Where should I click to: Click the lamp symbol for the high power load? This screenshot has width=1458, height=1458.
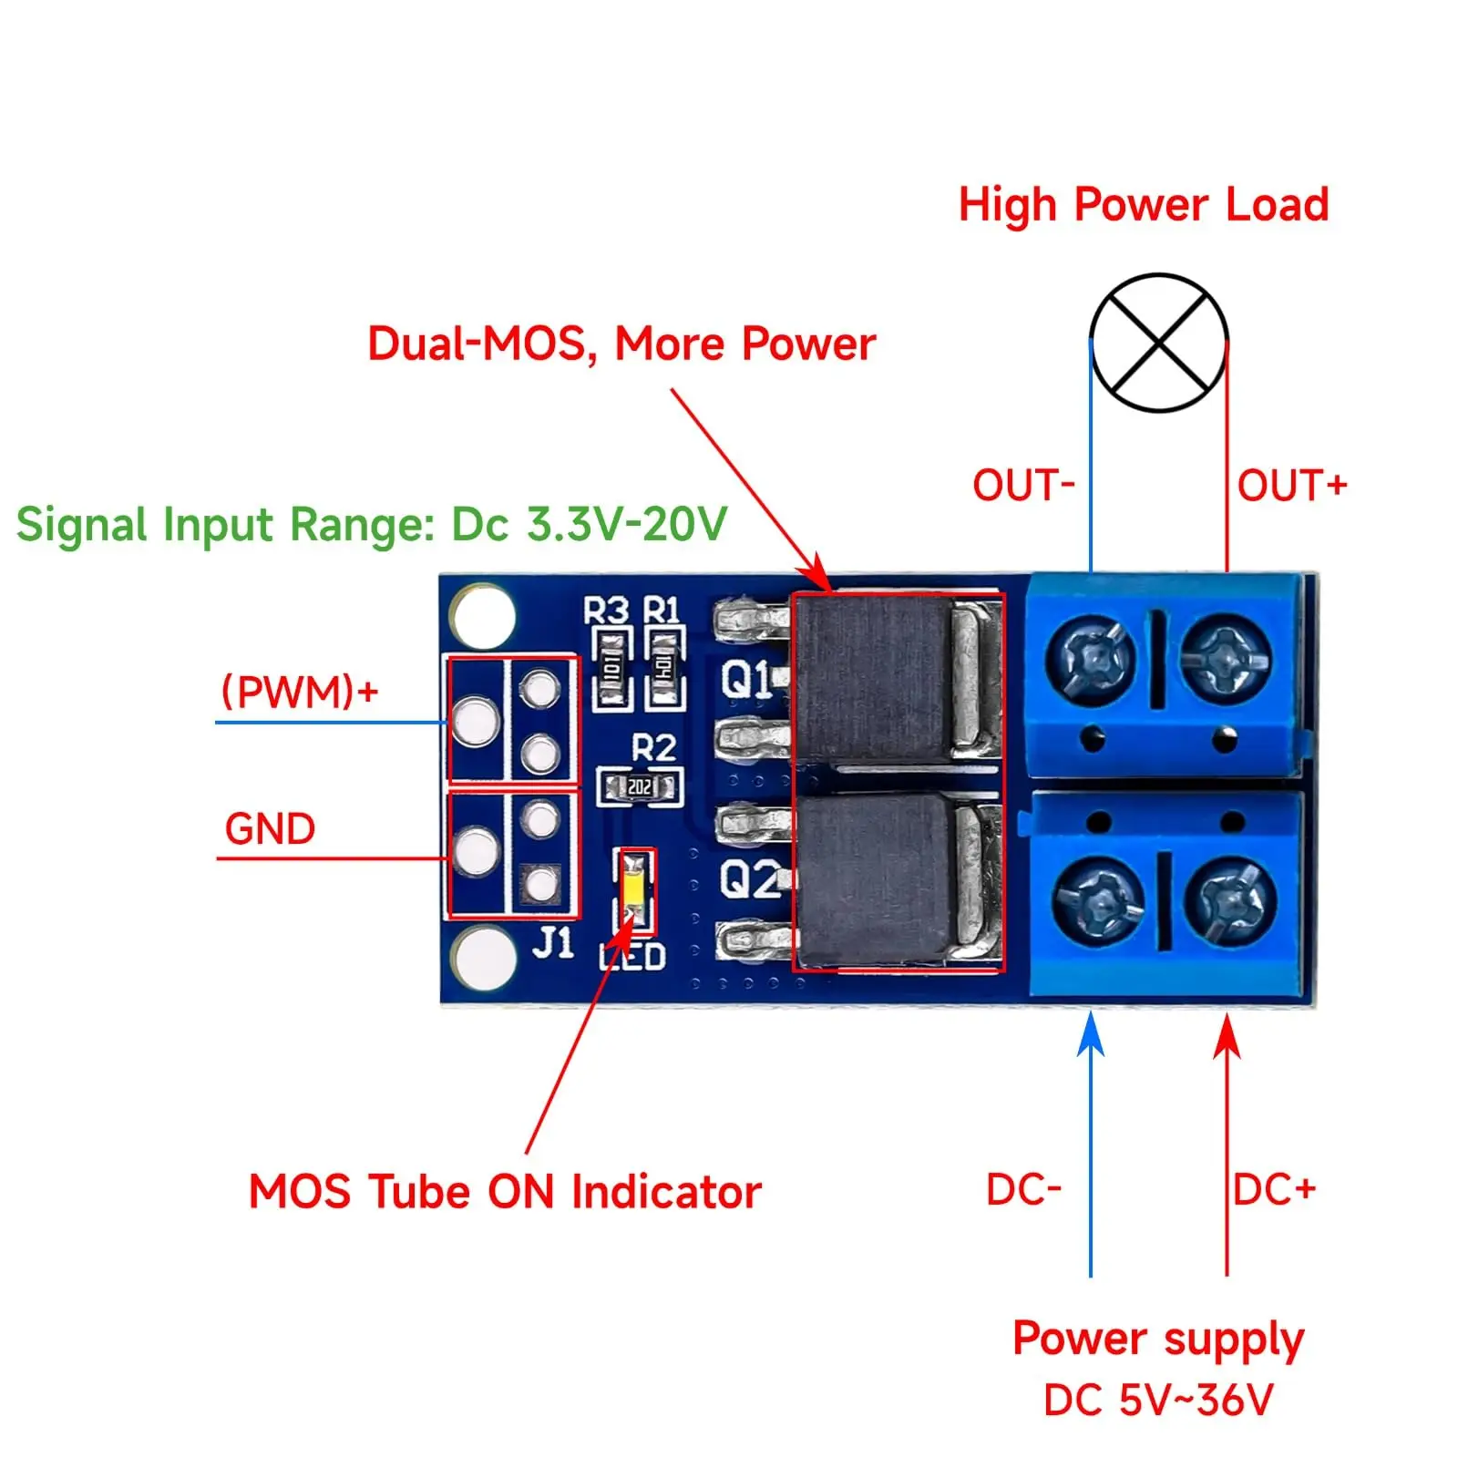click(x=1157, y=343)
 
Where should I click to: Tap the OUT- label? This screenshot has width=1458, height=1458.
click(x=1023, y=486)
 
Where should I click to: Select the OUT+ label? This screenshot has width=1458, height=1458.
click(x=1291, y=486)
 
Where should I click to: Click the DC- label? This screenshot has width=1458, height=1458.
click(x=1023, y=1190)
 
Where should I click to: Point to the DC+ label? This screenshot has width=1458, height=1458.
click(x=1274, y=1190)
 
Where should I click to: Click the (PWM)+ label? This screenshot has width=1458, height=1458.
click(x=300, y=692)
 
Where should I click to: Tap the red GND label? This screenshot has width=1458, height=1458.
click(x=270, y=829)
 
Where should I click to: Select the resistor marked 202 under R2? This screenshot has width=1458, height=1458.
click(x=640, y=786)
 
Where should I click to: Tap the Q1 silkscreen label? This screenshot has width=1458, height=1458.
click(x=745, y=679)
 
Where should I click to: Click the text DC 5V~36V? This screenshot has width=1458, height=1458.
click(x=1157, y=1401)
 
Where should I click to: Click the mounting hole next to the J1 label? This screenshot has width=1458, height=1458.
click(x=483, y=959)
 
